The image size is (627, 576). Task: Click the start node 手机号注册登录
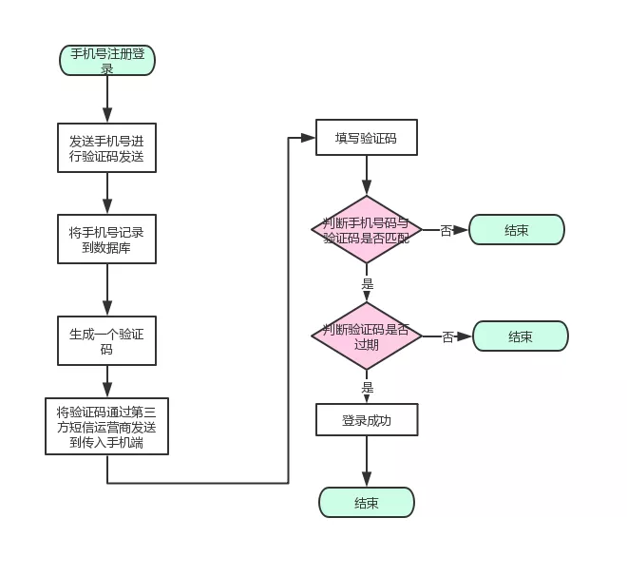(106, 61)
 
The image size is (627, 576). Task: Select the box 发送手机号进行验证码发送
(106, 148)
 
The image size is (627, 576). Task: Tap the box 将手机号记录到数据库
(106, 240)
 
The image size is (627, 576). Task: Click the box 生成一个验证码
(106, 341)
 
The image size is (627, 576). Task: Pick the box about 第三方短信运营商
(106, 427)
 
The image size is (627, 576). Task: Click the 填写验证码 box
(366, 139)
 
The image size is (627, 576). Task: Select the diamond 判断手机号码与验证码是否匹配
(366, 230)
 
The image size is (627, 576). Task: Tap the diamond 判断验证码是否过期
(366, 336)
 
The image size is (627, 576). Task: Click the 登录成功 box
(366, 419)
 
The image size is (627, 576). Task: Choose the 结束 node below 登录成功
(366, 503)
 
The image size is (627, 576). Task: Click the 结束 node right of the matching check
(517, 230)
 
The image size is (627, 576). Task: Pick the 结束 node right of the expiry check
(520, 336)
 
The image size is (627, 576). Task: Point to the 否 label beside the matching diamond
(446, 230)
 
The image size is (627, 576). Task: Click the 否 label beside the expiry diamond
(447, 336)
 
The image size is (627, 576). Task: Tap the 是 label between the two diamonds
(368, 284)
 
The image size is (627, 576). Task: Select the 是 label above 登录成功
(368, 388)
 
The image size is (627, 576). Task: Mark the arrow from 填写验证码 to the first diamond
(366, 176)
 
